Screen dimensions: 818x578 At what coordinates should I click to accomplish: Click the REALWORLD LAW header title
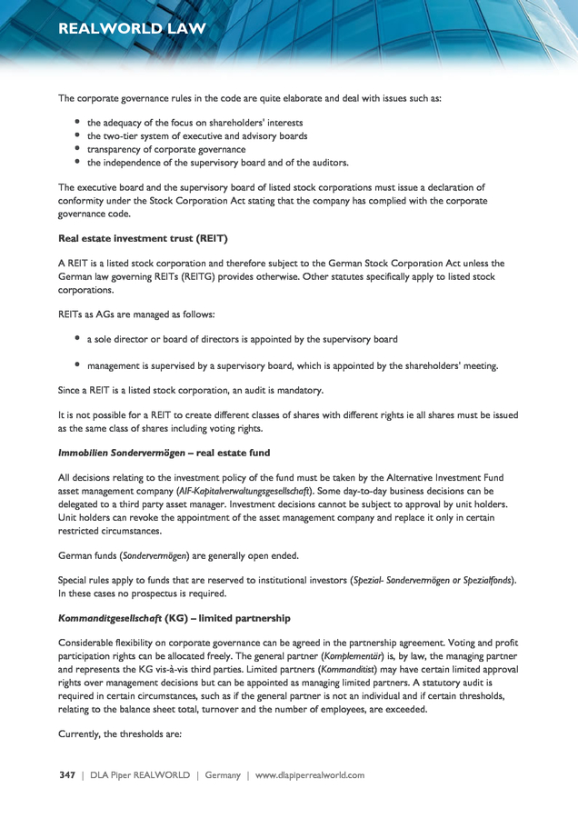tap(132, 29)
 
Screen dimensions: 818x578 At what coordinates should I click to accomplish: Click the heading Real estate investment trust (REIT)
tap(143, 239)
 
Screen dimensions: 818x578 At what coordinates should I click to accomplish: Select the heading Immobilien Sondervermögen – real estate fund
tap(164, 453)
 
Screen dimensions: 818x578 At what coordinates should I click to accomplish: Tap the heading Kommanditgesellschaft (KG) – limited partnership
tap(174, 618)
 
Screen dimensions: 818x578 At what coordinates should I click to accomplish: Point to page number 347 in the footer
tap(67, 775)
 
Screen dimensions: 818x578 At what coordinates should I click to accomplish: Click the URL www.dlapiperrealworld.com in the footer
tap(309, 775)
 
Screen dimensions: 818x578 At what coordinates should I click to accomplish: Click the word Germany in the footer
tap(222, 775)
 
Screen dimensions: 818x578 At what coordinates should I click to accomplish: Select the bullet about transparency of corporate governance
tap(166, 149)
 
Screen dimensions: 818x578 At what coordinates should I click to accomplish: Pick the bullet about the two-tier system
tap(197, 135)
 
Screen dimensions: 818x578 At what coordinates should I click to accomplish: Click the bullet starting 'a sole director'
tap(242, 340)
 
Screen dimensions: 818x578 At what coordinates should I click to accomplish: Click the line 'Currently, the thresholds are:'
tap(121, 724)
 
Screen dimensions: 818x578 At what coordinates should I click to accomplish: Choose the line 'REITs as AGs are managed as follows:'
tap(136, 314)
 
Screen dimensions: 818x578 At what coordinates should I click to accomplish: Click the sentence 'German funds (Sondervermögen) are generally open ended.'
tap(178, 555)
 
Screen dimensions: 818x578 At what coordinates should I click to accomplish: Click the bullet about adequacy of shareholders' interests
tap(194, 122)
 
